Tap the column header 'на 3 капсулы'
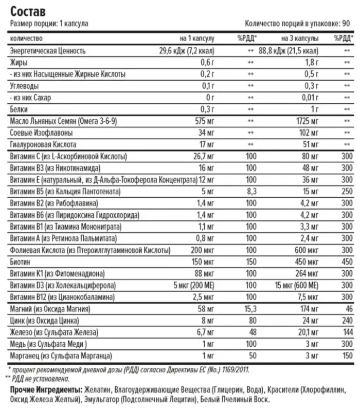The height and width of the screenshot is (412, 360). coord(300,39)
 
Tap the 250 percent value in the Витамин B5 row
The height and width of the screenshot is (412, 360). coord(347,192)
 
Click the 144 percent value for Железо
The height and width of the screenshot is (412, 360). coord(347,332)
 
